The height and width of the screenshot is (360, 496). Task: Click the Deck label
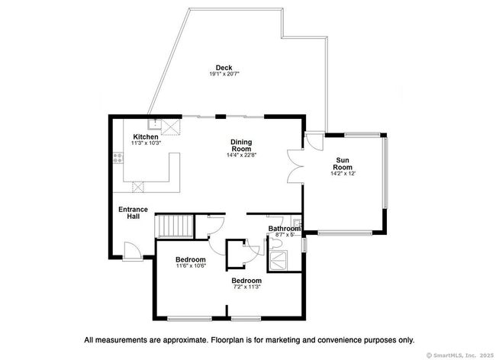(224, 68)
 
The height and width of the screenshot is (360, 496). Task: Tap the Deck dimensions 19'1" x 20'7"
(224, 74)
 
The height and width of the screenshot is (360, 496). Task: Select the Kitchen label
(146, 137)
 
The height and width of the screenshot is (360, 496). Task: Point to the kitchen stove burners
(118, 159)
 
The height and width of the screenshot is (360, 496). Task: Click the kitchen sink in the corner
(156, 124)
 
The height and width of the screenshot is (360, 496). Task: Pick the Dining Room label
(241, 146)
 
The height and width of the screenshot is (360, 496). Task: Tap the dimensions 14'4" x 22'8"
(241, 155)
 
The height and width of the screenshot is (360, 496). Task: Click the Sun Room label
(343, 164)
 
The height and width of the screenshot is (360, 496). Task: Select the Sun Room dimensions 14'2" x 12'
(343, 173)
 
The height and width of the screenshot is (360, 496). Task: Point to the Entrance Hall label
(134, 213)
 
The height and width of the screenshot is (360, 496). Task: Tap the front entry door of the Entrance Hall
(133, 251)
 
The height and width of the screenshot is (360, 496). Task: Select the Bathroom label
(285, 229)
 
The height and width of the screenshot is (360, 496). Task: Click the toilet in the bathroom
(274, 243)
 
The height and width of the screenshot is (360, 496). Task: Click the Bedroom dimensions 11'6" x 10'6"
(191, 266)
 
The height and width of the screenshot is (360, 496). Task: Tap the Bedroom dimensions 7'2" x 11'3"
(246, 287)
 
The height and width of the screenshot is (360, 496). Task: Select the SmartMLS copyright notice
(460, 355)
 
